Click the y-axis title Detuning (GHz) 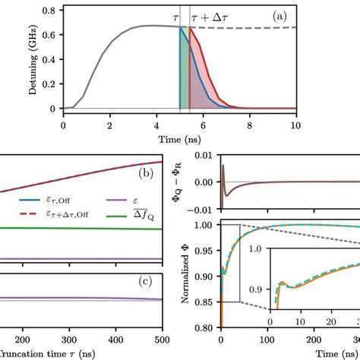tap(30, 60)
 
